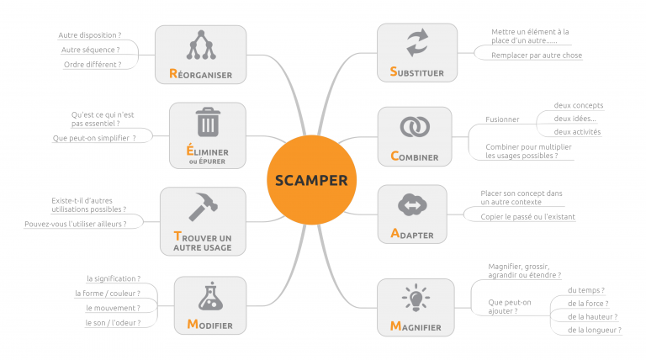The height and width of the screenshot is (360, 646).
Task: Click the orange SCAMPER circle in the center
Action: tap(311, 180)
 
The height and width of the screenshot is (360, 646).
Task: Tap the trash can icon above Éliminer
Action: tap(207, 123)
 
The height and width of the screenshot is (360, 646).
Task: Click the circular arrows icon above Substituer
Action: tap(416, 43)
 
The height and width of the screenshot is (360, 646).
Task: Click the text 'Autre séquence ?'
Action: tap(90, 50)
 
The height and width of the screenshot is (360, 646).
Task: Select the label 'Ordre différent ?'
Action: tap(92, 64)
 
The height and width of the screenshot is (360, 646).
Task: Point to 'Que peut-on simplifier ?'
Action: tap(93, 137)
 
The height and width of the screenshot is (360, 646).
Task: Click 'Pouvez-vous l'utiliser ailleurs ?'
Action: tap(75, 224)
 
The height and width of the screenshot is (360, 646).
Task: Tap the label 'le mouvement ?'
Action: tap(113, 308)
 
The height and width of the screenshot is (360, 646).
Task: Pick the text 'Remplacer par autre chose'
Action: tap(537, 56)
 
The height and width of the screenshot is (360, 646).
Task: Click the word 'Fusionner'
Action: tap(502, 119)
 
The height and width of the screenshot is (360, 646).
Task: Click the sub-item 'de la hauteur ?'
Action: tap(593, 317)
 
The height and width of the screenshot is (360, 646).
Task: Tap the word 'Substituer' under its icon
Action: tap(416, 72)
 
